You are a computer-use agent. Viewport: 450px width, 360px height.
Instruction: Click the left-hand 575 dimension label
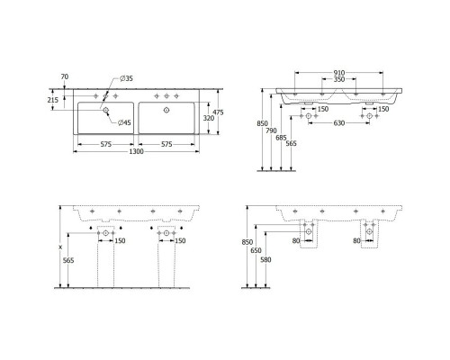point(106,143)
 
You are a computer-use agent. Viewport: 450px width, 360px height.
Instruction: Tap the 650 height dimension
point(257,252)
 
